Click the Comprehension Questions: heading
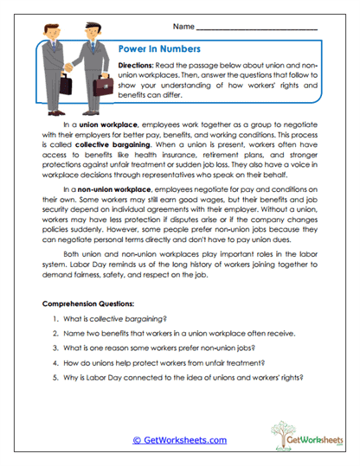[x=89, y=306]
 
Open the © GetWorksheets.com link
[x=179, y=440]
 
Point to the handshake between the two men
[x=69, y=69]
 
